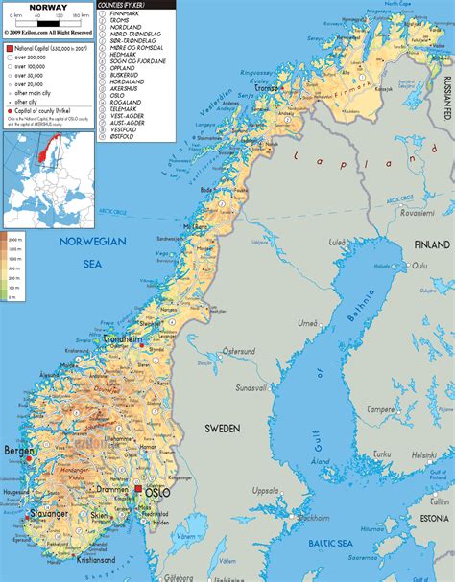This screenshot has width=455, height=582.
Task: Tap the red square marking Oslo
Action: [x=139, y=489]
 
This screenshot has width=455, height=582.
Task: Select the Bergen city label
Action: [x=18, y=449]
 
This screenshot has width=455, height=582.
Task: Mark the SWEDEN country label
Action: [x=222, y=427]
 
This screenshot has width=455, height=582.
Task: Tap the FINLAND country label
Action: [x=431, y=244]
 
